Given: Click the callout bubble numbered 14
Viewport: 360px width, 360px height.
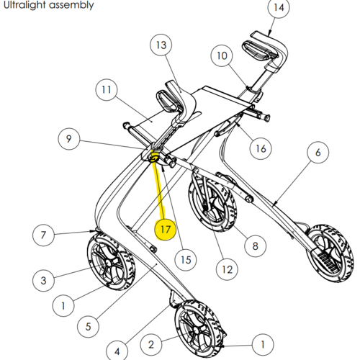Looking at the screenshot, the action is (279, 7).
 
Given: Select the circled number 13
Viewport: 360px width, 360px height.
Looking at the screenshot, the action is (161, 45).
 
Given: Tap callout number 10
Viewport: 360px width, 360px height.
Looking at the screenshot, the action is (222, 55).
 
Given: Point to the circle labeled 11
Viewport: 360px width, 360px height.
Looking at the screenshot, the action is (107, 90).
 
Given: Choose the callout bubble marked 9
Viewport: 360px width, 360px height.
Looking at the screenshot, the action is (69, 139).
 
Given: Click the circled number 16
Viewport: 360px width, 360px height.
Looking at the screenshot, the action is (261, 148).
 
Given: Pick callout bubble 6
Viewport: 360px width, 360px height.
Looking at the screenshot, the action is (318, 152).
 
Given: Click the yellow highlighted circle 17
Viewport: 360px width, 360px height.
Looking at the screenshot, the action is (166, 230).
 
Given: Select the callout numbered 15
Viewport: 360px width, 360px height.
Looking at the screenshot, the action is (186, 260).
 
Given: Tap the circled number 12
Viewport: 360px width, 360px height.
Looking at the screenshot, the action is (227, 269).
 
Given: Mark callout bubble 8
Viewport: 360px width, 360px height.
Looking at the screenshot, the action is (255, 246).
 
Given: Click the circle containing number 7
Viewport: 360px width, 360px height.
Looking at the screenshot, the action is (43, 235).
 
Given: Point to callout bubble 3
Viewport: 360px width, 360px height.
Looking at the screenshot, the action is (43, 280).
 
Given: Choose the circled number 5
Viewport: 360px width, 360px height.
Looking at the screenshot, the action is (89, 326).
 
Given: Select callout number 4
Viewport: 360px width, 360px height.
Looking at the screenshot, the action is (117, 351).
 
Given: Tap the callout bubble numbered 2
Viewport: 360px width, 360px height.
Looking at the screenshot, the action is (151, 345).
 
